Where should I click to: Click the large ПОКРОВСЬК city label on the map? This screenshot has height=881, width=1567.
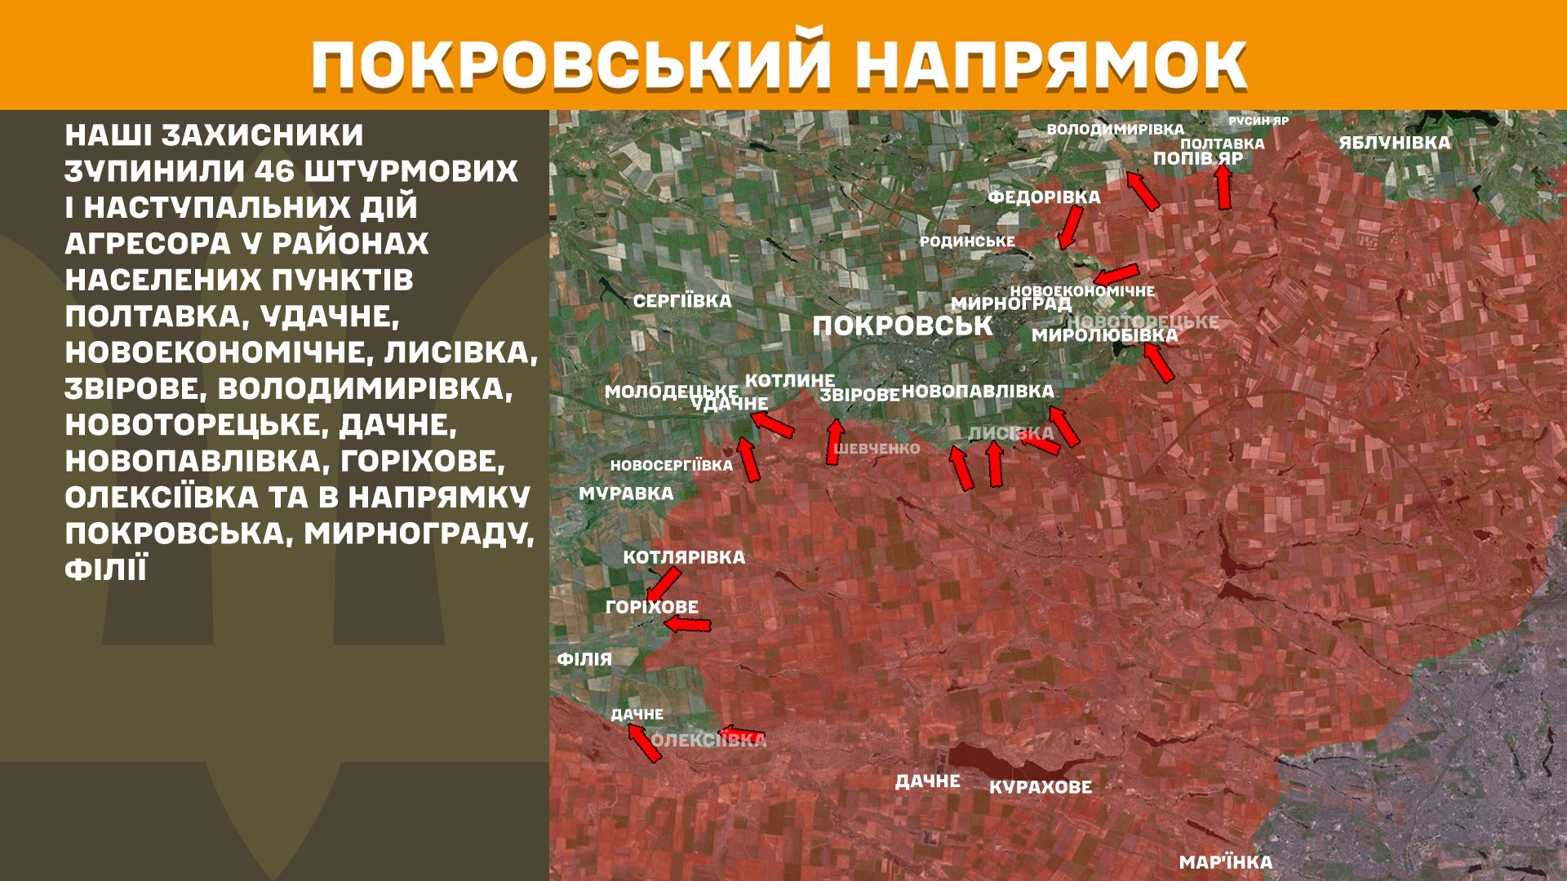(x=902, y=326)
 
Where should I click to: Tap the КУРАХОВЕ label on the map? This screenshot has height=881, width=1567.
(x=1040, y=787)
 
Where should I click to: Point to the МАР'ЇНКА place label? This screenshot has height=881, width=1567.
(x=1225, y=862)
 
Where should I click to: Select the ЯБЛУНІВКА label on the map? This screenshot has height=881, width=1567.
(x=1394, y=143)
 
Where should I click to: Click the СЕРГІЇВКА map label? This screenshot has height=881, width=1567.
(x=682, y=301)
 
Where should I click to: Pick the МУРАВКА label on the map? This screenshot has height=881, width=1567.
(x=626, y=494)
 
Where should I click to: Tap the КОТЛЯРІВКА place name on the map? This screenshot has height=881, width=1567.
(x=684, y=558)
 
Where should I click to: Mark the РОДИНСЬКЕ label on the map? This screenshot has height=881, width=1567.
(x=967, y=241)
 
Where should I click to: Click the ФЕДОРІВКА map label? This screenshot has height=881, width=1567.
(x=1044, y=197)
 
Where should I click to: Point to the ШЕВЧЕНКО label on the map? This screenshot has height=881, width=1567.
(x=877, y=449)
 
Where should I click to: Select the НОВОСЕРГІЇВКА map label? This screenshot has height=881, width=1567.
(x=671, y=466)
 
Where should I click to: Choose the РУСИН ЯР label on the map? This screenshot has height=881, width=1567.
(x=1258, y=122)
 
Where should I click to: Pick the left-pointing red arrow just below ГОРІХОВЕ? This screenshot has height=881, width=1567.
(x=687, y=625)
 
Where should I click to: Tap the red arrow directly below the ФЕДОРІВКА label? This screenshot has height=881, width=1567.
(x=1070, y=227)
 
